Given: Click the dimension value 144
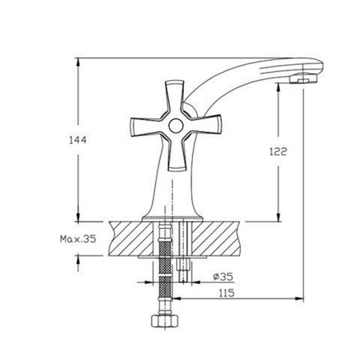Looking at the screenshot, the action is [78, 140].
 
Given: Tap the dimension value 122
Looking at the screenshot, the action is [278, 151].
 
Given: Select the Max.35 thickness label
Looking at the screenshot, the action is [78, 239].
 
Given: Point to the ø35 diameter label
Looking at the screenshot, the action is [223, 277].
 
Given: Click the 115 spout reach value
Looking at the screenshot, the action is [226, 293].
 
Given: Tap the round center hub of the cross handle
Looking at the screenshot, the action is [176, 126].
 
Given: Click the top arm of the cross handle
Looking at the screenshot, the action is [174, 98].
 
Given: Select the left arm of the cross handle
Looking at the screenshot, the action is [148, 127].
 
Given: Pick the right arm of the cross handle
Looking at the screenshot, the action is [203, 125].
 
